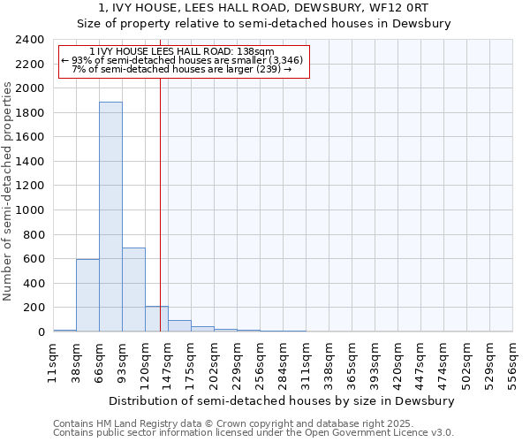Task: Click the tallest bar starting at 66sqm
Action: (110, 217)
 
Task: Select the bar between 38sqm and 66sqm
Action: (87, 295)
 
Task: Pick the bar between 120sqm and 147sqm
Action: (156, 319)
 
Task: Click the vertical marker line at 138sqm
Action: (160, 203)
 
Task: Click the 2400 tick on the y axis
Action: (31, 40)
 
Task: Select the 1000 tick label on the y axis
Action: (31, 210)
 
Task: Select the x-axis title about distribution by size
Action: (283, 400)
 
